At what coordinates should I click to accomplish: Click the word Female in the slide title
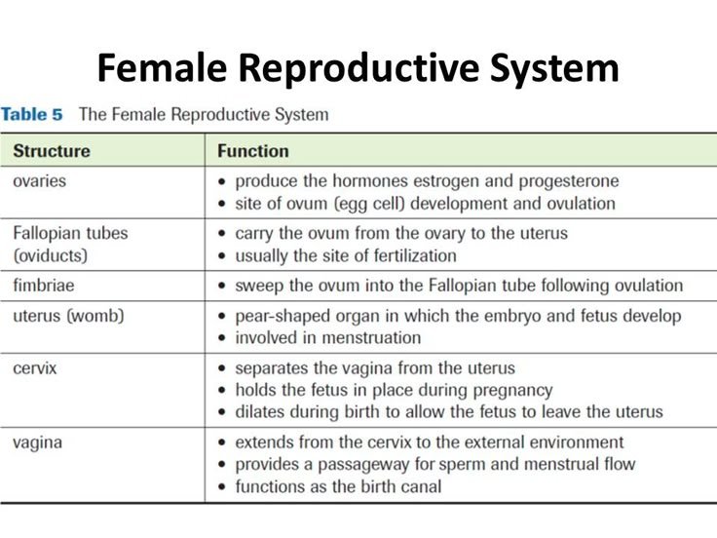point(163,69)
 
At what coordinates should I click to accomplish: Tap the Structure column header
point(52,151)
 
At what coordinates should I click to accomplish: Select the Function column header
point(253,151)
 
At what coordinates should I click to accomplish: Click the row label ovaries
point(40,181)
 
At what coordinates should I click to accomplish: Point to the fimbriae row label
point(44,286)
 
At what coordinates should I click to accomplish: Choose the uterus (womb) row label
point(68,316)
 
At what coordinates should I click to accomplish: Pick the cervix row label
point(35,368)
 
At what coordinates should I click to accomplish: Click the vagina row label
point(38,442)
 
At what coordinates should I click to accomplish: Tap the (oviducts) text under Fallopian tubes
point(51,255)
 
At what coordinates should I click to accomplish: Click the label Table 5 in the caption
point(31,114)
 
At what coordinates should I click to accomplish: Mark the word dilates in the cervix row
point(260,411)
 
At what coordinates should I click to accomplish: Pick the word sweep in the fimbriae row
point(258,286)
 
